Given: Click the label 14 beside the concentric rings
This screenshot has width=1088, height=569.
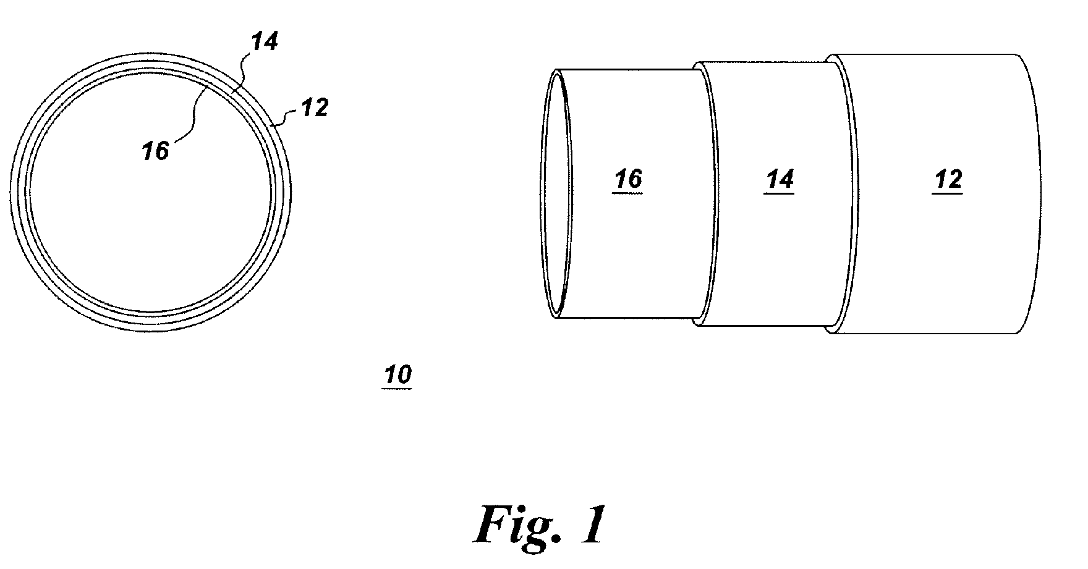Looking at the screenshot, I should [x=265, y=42].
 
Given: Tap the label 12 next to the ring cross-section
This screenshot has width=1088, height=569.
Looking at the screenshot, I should [x=314, y=109].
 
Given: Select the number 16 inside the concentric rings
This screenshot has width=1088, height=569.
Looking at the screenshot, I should [x=155, y=151].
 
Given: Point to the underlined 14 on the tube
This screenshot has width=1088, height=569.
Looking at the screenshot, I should [x=780, y=180].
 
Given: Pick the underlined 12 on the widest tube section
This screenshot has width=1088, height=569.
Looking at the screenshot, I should [x=948, y=180].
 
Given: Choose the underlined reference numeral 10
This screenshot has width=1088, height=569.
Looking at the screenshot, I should [x=398, y=375].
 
